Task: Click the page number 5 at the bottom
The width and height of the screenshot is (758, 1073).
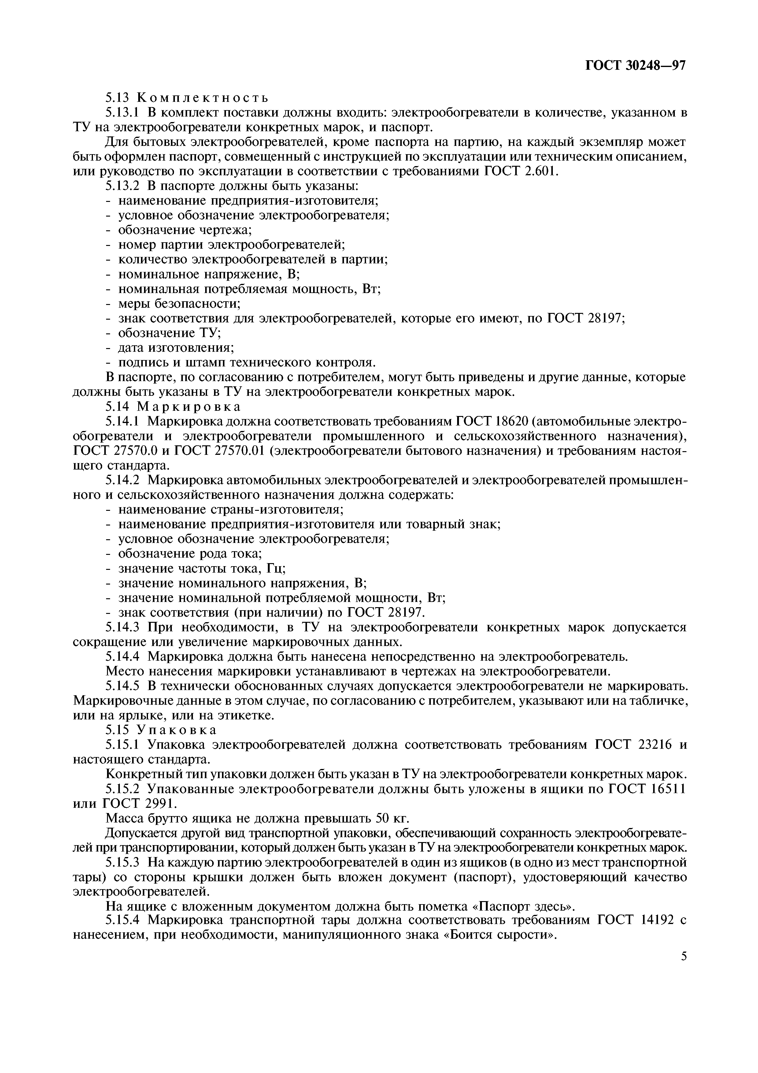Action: (x=684, y=956)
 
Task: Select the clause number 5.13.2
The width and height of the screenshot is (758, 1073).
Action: (x=123, y=186)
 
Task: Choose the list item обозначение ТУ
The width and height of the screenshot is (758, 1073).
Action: (x=169, y=333)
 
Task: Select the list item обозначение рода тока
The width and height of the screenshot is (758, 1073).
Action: (x=190, y=554)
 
